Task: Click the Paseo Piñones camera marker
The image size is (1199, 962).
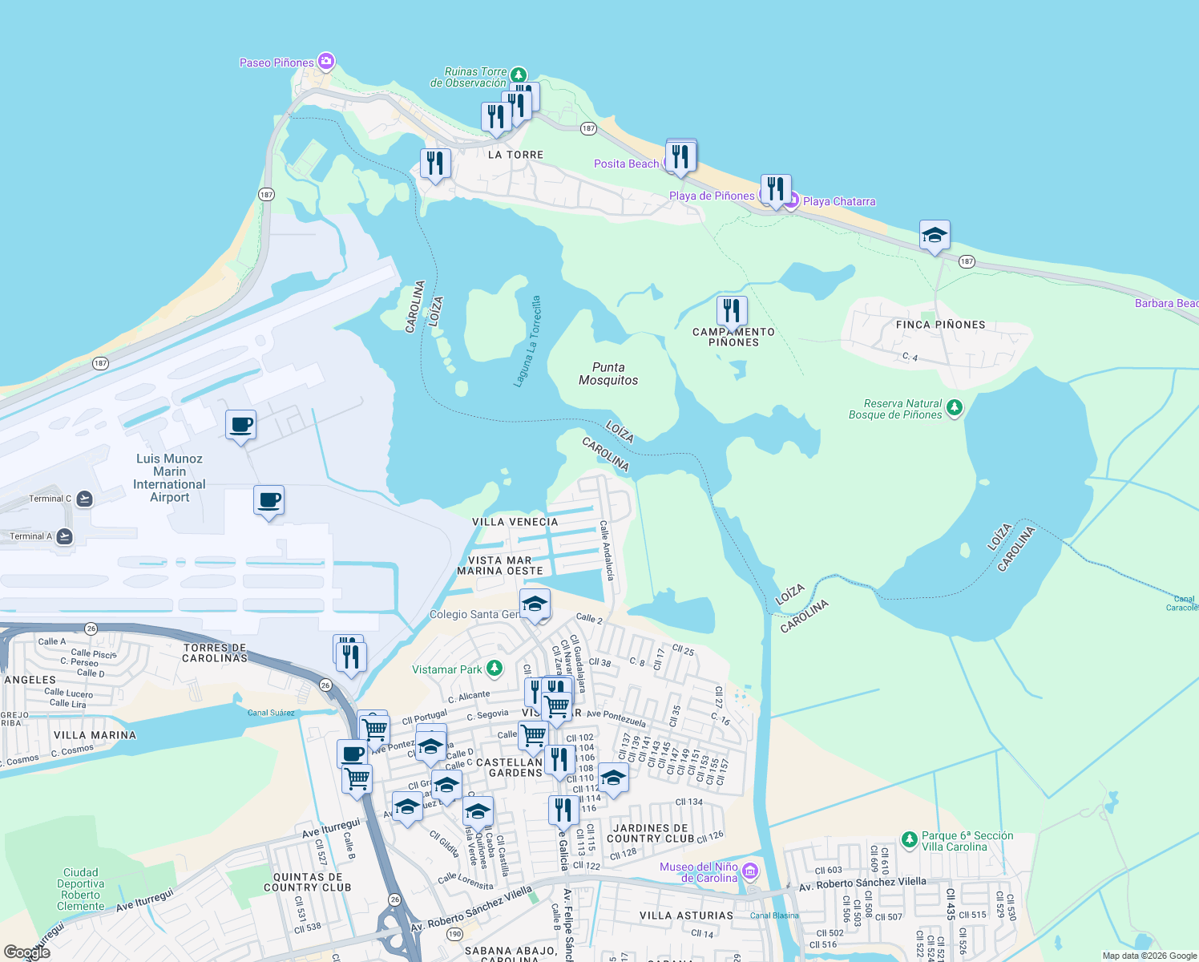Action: (325, 61)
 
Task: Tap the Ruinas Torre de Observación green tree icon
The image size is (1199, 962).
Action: (519, 75)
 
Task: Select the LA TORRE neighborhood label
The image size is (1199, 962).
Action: (515, 155)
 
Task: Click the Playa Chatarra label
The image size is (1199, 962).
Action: (838, 201)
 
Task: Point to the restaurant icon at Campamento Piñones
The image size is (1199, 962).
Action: (731, 309)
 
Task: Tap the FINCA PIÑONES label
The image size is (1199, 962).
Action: (940, 325)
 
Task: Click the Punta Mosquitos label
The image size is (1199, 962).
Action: (608, 374)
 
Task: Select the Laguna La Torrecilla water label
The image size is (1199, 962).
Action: (527, 342)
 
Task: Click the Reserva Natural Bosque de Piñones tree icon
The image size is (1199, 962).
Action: (954, 408)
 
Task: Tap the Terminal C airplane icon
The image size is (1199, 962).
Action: (84, 499)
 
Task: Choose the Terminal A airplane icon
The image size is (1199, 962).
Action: (65, 536)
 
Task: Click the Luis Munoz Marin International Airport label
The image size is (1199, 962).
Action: (169, 478)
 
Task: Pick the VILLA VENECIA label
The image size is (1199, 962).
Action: (515, 522)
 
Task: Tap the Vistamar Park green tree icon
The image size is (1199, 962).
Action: (495, 669)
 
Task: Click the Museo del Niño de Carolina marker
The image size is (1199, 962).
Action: (750, 871)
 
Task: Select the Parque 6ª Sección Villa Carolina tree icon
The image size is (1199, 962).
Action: (909, 839)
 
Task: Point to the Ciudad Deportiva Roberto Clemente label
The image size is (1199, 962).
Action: (80, 889)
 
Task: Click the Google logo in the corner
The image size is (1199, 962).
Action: (26, 952)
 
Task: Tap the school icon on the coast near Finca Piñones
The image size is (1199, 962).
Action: (935, 236)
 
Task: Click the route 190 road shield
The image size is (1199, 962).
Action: (454, 934)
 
